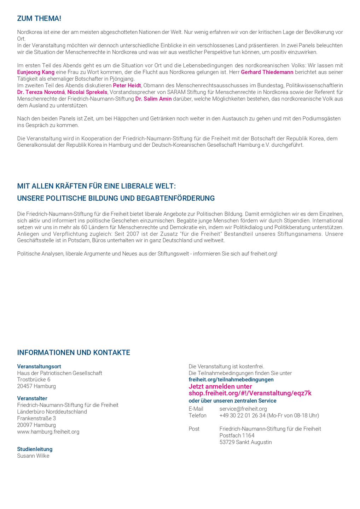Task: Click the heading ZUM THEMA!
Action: point(39,18)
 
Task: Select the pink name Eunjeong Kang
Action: point(36,72)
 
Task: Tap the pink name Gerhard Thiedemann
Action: point(267,72)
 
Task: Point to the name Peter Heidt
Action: point(127,86)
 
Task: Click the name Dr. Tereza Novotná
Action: point(41,92)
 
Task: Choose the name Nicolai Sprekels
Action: point(87,92)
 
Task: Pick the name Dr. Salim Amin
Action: point(153,99)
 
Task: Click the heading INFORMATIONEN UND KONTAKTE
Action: point(74,352)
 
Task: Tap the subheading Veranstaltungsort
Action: point(39,367)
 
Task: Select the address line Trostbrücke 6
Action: point(34,380)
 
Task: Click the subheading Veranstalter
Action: point(32,398)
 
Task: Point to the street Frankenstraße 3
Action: point(36,419)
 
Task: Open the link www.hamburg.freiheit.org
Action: point(48,432)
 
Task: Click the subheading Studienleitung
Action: point(35,449)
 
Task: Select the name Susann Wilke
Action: point(33,456)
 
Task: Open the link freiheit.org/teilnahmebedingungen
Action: point(231,380)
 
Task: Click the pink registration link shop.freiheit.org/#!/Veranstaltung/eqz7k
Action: point(250,393)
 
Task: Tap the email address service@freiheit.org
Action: point(243,409)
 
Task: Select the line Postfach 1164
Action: point(237,435)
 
